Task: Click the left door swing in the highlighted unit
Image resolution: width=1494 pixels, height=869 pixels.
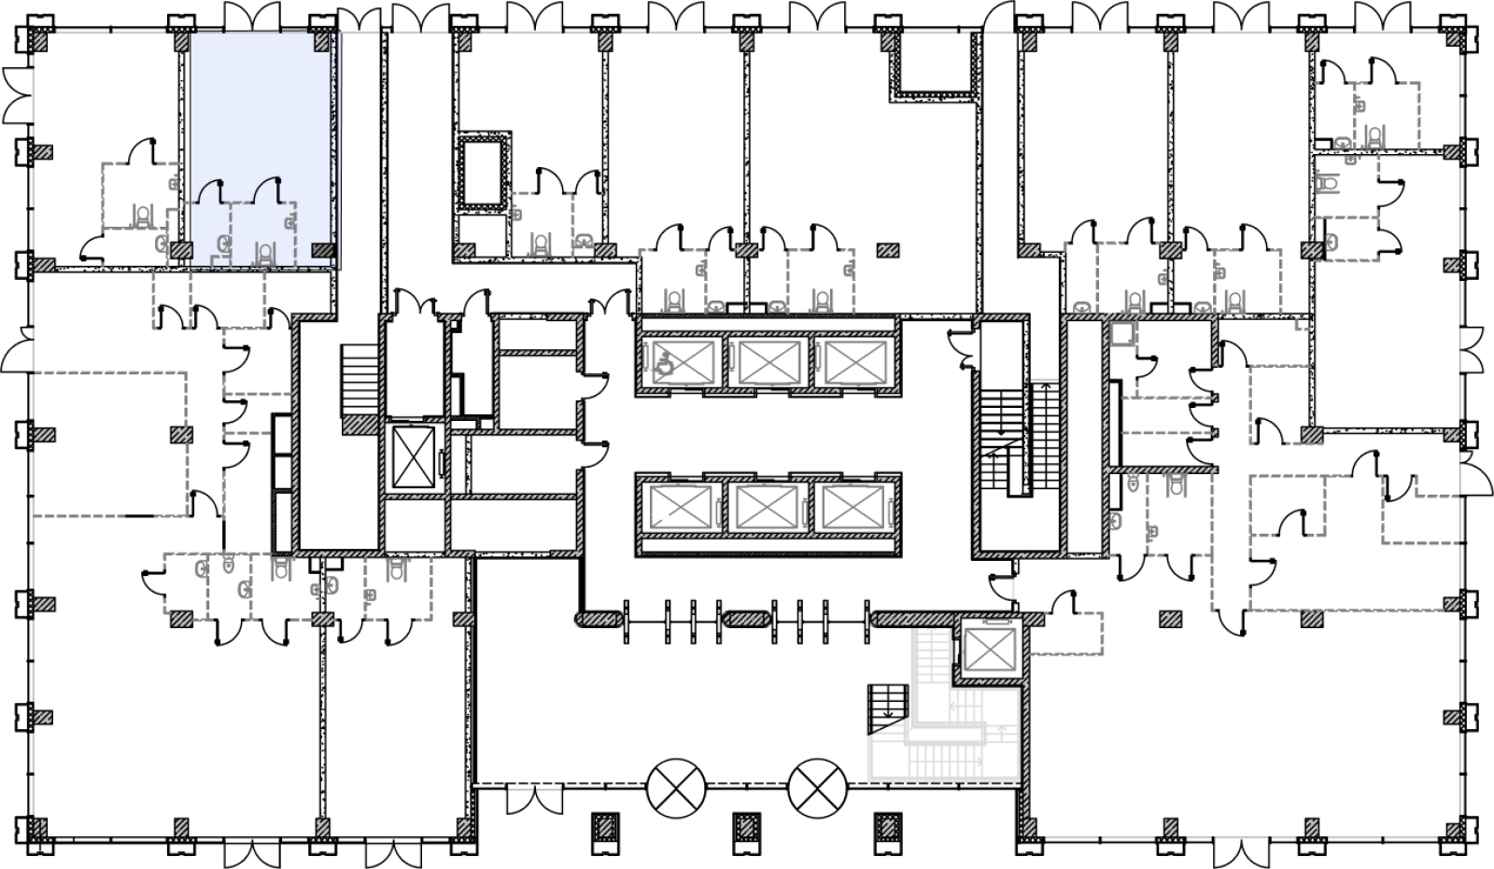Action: pyautogui.click(x=210, y=190)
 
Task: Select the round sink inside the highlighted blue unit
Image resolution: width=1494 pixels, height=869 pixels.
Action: pyautogui.click(x=224, y=244)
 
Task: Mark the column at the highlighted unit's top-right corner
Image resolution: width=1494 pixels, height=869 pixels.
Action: pyautogui.click(x=322, y=42)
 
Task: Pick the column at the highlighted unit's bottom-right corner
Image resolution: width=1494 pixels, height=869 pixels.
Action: pyautogui.click(x=323, y=250)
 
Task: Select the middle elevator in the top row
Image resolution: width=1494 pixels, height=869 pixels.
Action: pyautogui.click(x=769, y=362)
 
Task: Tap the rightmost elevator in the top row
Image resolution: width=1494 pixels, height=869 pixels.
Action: pyautogui.click(x=856, y=362)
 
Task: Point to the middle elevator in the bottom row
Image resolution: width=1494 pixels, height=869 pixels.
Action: pyautogui.click(x=767, y=507)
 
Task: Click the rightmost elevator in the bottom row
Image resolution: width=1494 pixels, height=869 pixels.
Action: pyautogui.click(x=852, y=507)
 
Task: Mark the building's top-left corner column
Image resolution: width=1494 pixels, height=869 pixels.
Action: pyautogui.click(x=41, y=42)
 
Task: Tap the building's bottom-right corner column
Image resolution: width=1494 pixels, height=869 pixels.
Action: pyautogui.click(x=1452, y=828)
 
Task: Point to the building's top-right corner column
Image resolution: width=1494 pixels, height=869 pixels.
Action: pyautogui.click(x=1452, y=42)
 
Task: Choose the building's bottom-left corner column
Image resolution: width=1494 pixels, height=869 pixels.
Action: pyautogui.click(x=41, y=828)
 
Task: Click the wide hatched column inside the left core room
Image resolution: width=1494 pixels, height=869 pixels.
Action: pyautogui.click(x=360, y=425)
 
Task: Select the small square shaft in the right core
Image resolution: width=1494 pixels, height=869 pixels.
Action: pyautogui.click(x=1122, y=333)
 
